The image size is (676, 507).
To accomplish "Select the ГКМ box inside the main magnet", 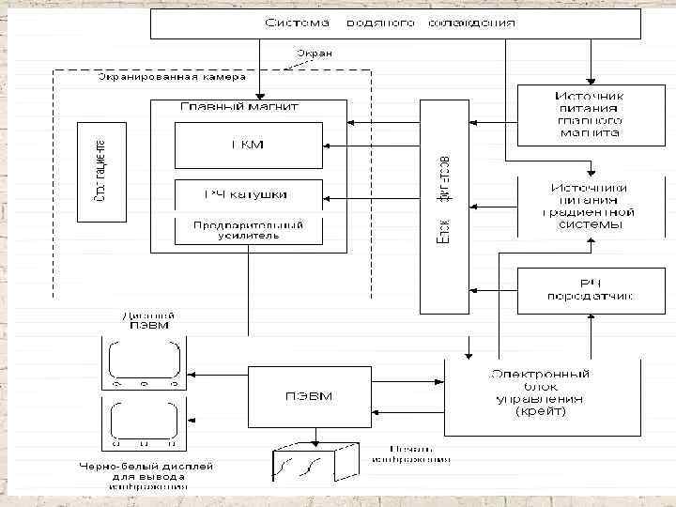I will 248,145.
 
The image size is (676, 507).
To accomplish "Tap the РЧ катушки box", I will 248,194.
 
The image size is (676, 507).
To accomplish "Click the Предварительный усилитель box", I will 248,230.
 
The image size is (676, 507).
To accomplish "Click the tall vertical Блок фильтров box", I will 445,203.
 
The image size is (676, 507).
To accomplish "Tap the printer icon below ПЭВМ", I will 315,463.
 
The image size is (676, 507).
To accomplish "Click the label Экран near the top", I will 314,54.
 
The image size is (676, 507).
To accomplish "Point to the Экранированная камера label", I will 169,77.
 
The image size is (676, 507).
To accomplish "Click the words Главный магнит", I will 235,106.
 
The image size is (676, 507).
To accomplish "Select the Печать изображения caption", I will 410,454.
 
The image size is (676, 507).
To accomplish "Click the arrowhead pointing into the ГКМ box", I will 326,146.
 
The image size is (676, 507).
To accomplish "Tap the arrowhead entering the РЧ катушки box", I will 326,198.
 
